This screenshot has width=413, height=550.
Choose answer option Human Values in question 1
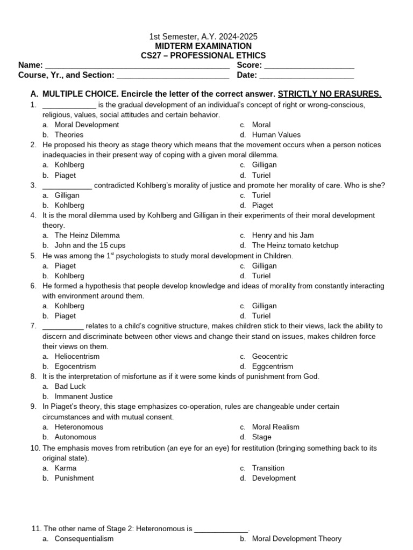pos(276,135)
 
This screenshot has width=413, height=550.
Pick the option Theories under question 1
pos(69,135)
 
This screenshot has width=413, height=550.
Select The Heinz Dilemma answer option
pos(87,235)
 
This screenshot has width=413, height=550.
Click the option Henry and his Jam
pos(282,235)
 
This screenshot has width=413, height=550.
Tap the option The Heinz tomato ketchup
pos(295,245)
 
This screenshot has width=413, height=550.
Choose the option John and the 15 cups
pos(90,245)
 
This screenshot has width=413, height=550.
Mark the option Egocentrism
pos(75,366)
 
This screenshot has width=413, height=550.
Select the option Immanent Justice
pos(83,396)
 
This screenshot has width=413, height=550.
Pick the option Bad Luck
pos(70,386)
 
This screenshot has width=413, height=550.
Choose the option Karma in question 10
pos(66,468)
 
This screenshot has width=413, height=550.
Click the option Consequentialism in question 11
pos(84,539)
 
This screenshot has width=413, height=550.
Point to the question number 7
pos(33,326)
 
